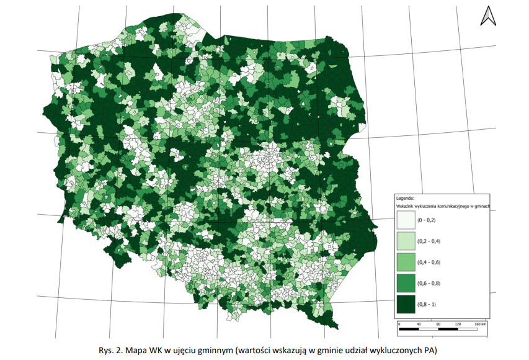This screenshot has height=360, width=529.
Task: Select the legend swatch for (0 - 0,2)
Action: point(406,220)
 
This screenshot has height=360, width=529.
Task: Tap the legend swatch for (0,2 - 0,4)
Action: point(406,241)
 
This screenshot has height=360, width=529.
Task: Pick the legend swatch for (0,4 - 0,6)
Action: point(406,262)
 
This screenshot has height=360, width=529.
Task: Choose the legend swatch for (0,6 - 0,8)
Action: point(406,283)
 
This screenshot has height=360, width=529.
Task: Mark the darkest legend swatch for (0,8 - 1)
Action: point(406,304)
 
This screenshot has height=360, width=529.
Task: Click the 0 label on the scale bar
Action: point(399,324)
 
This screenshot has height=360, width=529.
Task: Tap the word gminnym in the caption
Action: point(205,350)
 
